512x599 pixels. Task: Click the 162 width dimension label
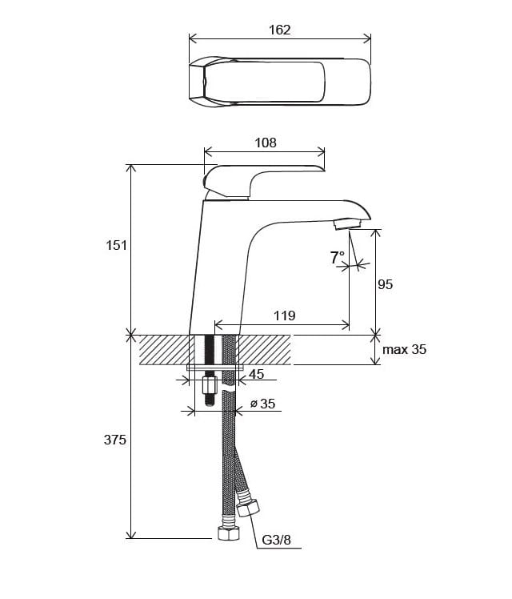[280, 30]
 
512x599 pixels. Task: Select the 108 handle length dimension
[265, 143]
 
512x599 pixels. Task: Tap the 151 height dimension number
[116, 245]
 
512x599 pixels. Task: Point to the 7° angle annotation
[338, 258]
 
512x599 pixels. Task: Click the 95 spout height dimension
[385, 284]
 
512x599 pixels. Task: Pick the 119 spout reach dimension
[285, 316]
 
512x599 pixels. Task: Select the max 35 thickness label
[405, 349]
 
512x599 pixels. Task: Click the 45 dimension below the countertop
[256, 374]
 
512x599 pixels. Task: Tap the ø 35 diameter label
[262, 404]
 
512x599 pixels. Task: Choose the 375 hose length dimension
[115, 440]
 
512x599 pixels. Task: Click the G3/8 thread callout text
[276, 541]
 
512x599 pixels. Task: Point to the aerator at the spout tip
[346, 224]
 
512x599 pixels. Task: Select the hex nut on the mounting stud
[209, 386]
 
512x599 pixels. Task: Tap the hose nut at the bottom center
[229, 533]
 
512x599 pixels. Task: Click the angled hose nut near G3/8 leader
[248, 509]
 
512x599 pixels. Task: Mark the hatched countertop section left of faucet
[165, 350]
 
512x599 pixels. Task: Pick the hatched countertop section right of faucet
[265, 350]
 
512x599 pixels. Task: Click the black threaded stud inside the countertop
[209, 349]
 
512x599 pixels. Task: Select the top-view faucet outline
[280, 82]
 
